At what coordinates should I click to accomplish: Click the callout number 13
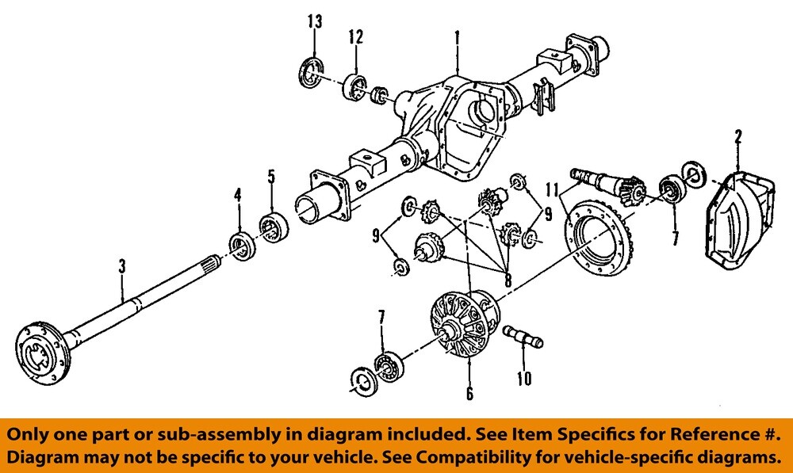tap(315, 21)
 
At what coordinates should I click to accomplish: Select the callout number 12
tap(355, 36)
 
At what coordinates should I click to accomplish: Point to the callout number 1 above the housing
tap(457, 37)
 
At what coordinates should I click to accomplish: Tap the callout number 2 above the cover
tap(737, 136)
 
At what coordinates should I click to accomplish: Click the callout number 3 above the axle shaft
tap(122, 268)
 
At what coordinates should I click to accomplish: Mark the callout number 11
tap(554, 189)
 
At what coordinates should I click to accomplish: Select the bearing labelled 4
tap(241, 246)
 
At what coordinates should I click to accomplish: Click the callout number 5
tap(271, 176)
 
